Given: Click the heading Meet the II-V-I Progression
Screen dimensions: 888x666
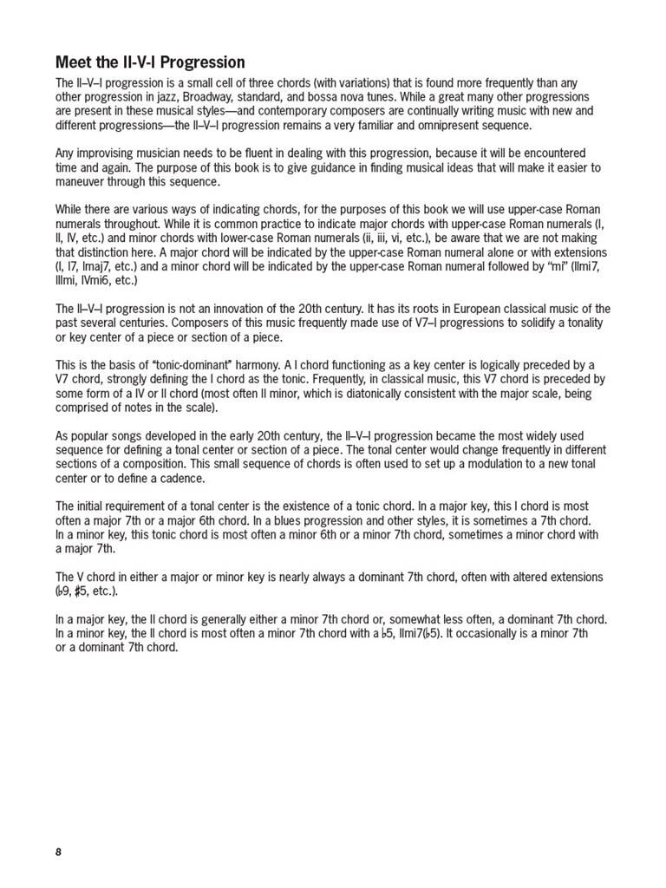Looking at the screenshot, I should pos(150,62).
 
